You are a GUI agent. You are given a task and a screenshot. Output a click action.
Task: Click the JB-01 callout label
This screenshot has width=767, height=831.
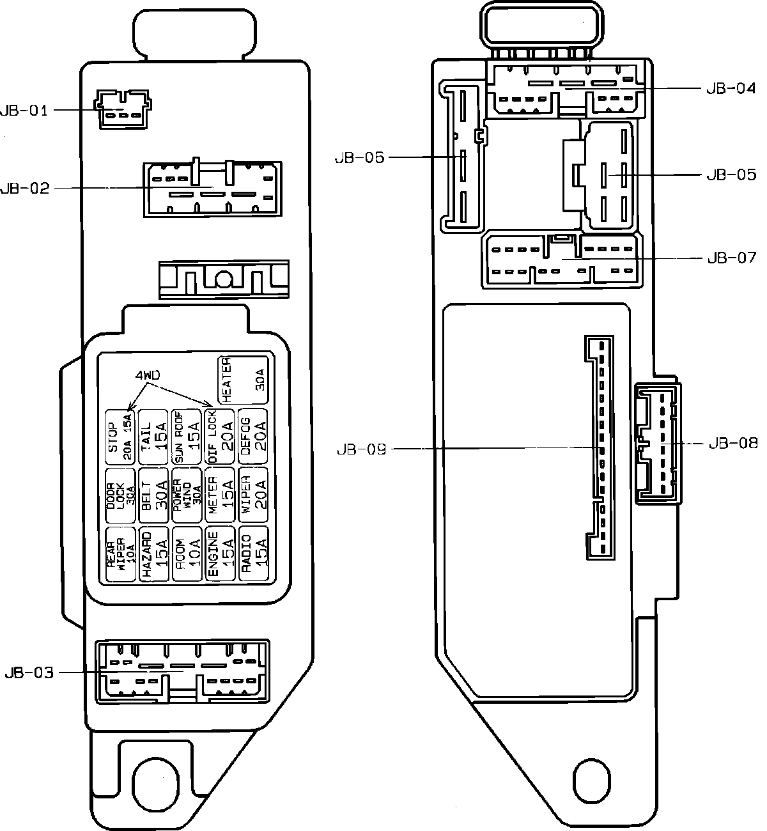click(24, 110)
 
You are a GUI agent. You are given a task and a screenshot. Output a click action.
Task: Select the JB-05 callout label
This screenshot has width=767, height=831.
click(731, 175)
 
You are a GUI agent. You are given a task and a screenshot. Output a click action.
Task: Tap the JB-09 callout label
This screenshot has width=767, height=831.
click(361, 449)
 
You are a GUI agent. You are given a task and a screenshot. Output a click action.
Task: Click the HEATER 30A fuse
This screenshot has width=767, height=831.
click(243, 380)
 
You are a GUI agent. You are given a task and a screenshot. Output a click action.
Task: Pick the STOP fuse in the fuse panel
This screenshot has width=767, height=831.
click(120, 437)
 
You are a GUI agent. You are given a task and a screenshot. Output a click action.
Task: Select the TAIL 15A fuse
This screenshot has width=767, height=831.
click(153, 437)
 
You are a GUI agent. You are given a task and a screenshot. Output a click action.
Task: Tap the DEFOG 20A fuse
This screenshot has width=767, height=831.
click(253, 437)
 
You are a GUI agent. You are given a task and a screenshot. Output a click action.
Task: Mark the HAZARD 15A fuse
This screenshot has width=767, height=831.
click(153, 554)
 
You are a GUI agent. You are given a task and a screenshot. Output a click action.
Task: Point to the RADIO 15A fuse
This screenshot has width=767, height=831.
click(253, 554)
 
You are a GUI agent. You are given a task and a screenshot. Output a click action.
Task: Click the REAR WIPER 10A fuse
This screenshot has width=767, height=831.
click(120, 554)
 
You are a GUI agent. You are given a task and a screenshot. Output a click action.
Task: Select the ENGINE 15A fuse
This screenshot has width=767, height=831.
click(220, 554)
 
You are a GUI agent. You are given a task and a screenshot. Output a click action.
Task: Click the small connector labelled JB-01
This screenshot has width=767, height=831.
click(122, 109)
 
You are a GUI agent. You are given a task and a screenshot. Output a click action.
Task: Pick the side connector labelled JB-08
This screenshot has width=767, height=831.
click(658, 442)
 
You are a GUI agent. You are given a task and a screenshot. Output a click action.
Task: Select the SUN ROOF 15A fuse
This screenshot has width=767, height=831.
click(187, 437)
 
